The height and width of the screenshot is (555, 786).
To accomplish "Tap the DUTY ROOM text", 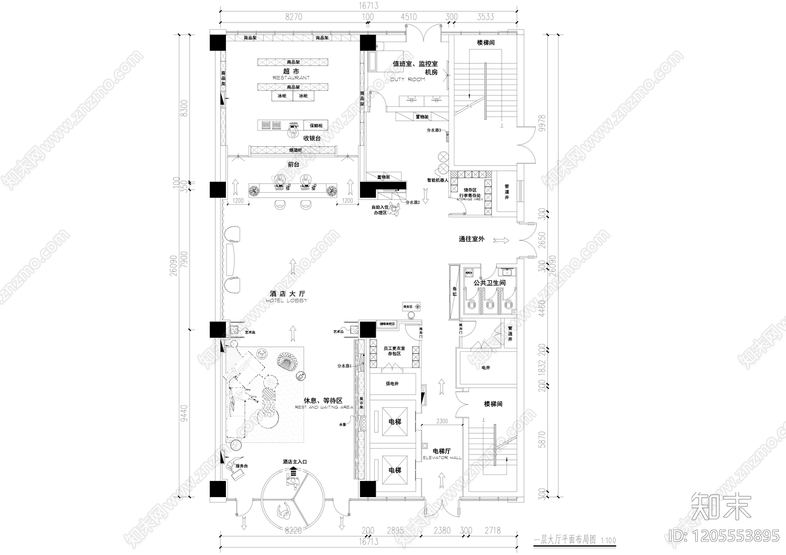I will [x=407, y=79].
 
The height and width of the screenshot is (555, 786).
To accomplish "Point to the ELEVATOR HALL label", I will [x=443, y=457].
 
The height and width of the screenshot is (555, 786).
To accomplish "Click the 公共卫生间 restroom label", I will [x=489, y=283].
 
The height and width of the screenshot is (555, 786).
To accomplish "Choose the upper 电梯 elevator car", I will [x=394, y=422].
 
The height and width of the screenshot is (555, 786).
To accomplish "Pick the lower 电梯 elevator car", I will [x=394, y=470].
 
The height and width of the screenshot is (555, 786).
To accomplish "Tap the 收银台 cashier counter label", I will [x=311, y=138].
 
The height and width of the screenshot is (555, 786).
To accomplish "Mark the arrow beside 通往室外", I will [x=502, y=240].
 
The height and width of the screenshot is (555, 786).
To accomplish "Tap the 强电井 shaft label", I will [x=392, y=383].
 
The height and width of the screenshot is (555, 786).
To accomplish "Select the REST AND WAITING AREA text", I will [x=324, y=407].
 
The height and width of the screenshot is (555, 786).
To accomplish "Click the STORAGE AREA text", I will [x=470, y=199].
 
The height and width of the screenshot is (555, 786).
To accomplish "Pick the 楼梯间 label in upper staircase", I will [x=485, y=43].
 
